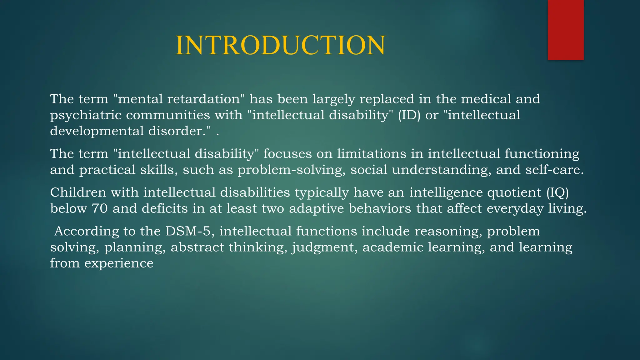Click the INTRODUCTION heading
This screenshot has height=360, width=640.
click(x=280, y=46)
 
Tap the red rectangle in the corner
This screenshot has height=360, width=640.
click(x=566, y=30)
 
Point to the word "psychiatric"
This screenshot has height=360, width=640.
click(x=86, y=115)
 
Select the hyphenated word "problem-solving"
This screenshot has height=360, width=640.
click(x=292, y=170)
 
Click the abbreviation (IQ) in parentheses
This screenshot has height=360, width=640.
click(x=557, y=192)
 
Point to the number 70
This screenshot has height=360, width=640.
click(x=100, y=208)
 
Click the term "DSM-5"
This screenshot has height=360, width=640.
click(x=190, y=231)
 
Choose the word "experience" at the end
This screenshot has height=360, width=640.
click(x=119, y=263)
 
